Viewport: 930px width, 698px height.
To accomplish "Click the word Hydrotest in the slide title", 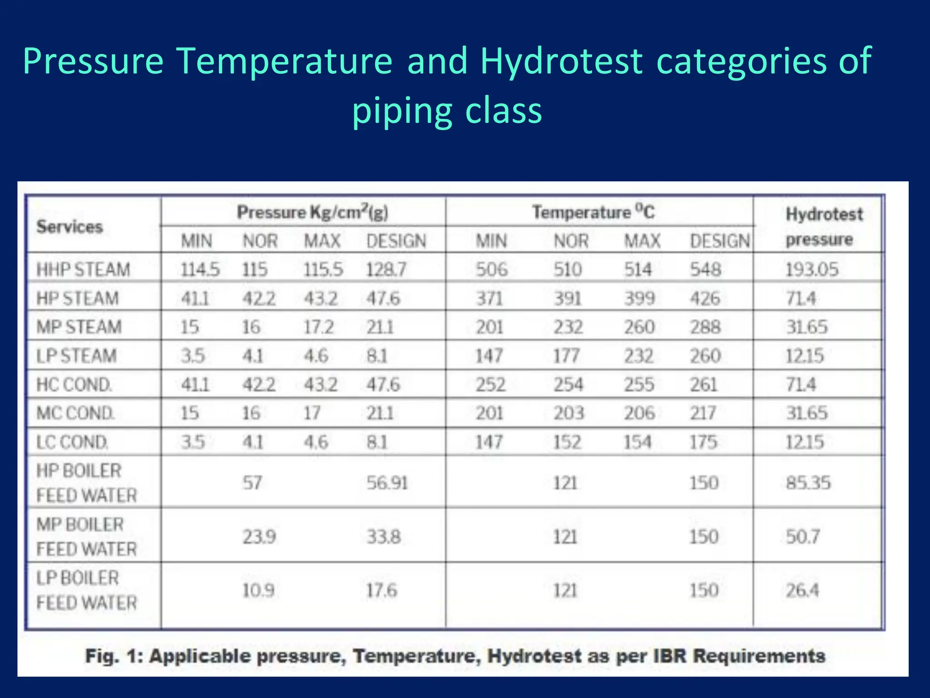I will (561, 61).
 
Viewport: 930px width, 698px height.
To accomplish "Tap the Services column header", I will (69, 226).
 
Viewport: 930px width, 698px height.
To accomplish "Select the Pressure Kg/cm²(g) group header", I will (312, 212).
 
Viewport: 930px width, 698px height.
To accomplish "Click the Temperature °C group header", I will (593, 212).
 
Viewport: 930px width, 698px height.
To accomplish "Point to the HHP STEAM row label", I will (83, 269).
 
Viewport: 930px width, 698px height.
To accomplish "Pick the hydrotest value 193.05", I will (812, 269).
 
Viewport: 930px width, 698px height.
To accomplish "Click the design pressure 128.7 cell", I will (386, 269).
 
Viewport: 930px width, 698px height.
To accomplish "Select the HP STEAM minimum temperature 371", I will (489, 299).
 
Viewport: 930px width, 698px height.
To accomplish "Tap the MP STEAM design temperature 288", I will (705, 327).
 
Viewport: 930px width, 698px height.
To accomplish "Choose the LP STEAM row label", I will (76, 356).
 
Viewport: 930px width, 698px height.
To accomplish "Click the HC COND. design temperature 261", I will (703, 384).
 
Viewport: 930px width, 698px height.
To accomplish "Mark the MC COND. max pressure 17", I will (312, 413).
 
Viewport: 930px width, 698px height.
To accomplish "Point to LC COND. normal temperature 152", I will (567, 442).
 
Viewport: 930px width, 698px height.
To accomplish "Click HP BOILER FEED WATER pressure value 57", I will (252, 483).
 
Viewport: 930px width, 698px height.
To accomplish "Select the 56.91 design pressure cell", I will (387, 483).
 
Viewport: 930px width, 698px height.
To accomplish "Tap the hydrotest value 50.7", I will (803, 537).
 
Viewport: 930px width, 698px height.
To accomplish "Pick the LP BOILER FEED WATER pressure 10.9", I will (258, 590).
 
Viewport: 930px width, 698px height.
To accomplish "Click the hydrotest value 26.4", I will (802, 590).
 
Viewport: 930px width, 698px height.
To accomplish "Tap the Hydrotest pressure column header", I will (823, 226).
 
